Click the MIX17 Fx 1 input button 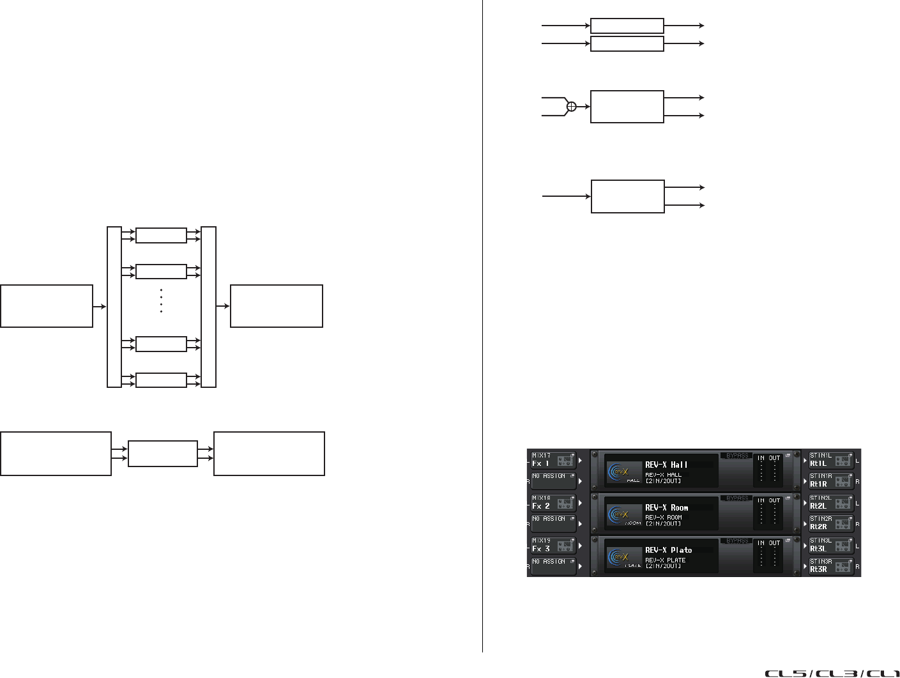[x=553, y=460]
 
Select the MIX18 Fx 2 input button [x=553, y=502]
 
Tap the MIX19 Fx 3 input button [x=553, y=545]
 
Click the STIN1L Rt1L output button [x=831, y=460]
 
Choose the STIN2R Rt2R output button [x=831, y=523]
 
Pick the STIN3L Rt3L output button [x=831, y=545]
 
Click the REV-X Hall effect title [x=666, y=465]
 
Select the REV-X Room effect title [x=666, y=508]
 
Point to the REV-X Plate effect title [x=668, y=550]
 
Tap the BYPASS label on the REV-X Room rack [x=737, y=498]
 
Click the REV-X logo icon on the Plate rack [x=619, y=557]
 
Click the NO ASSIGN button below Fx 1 [x=553, y=481]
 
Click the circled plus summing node [x=572, y=107]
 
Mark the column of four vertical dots [x=161, y=300]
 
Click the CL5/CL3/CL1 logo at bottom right [x=832, y=673]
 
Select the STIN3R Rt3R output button [x=831, y=566]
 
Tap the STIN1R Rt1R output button [x=831, y=481]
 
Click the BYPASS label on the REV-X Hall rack [x=737, y=456]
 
